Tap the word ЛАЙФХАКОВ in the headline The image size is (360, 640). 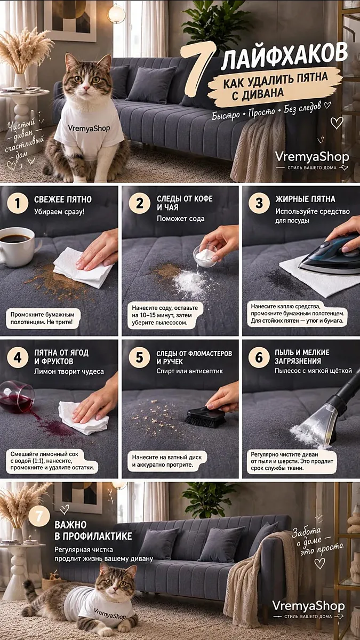click(285, 57)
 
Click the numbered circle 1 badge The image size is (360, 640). click(18, 203)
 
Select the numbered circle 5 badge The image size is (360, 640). click(139, 357)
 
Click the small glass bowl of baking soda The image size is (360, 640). click(205, 256)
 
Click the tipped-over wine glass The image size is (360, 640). click(17, 397)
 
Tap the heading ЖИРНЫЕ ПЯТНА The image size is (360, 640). click(305, 199)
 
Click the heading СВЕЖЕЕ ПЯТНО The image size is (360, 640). click(63, 199)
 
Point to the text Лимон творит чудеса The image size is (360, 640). click(69, 371)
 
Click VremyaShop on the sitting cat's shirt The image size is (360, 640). click(89, 128)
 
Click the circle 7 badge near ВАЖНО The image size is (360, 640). click(39, 516)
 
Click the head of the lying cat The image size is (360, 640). click(115, 583)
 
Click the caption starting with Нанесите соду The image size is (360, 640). click(165, 315)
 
